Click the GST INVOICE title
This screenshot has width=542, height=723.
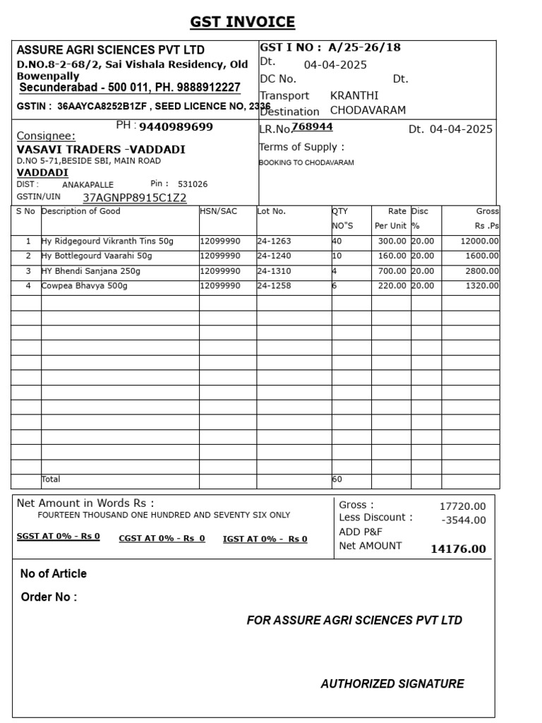242,22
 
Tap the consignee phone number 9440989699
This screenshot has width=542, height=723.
176,127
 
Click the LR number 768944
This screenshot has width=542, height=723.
313,127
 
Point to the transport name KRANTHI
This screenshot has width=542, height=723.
354,95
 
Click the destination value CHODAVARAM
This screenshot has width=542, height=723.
368,111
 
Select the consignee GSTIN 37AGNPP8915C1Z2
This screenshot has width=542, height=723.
135,198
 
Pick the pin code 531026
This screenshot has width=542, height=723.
193,184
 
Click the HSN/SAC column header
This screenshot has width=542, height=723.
218,211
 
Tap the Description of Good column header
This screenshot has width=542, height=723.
81,211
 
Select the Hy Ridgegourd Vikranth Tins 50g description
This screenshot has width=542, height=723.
107,241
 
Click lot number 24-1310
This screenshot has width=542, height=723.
274,270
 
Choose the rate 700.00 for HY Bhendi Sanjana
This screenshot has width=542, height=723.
392,270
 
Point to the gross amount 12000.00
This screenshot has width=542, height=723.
480,241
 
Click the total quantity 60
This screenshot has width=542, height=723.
337,479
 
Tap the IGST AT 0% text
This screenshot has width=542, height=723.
265,539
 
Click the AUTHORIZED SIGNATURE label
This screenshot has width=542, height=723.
392,683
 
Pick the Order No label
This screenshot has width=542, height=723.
49,597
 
